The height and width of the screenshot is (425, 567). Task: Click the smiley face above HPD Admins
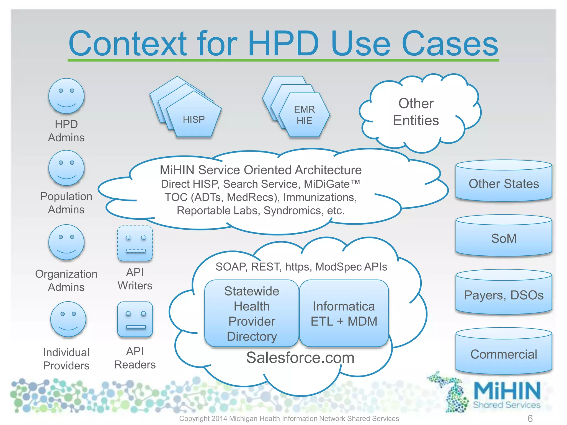click(66, 96)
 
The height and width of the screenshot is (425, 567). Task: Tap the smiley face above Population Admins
click(66, 168)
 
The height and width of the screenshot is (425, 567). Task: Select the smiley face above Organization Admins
click(66, 242)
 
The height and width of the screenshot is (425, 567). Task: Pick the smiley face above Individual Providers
click(68, 319)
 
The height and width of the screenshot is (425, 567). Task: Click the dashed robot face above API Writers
click(135, 243)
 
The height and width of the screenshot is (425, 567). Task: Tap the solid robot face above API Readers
click(135, 319)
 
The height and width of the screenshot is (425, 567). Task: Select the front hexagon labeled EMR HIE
click(304, 115)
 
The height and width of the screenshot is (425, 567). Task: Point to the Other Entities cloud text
click(416, 112)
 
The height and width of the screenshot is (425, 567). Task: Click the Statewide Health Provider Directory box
click(252, 313)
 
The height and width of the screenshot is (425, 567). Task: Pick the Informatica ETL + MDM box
click(344, 313)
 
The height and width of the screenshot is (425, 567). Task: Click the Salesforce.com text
click(300, 357)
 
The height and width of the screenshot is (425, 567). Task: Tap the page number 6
click(530, 418)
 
